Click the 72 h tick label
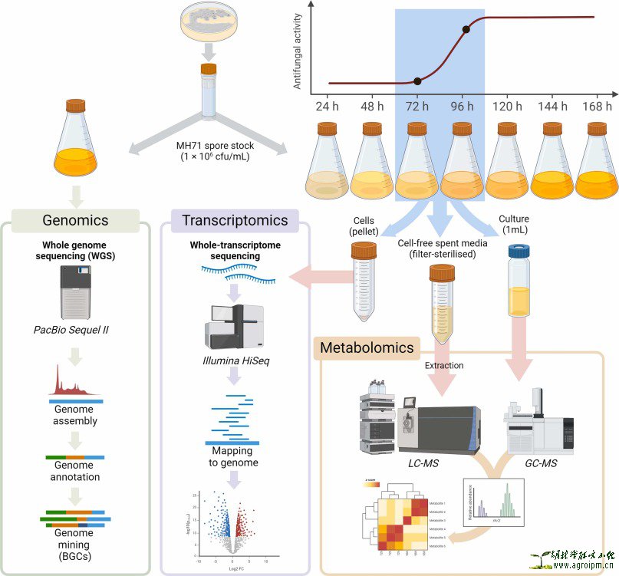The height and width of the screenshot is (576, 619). pyautogui.click(x=417, y=107)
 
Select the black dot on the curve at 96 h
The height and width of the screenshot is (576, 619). pyautogui.click(x=466, y=31)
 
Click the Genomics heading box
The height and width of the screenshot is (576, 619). pyautogui.click(x=75, y=220)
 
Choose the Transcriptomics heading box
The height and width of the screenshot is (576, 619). pyautogui.click(x=235, y=220)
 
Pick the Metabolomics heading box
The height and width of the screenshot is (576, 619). pyautogui.click(x=367, y=347)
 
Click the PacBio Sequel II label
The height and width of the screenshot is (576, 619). pyautogui.click(x=75, y=331)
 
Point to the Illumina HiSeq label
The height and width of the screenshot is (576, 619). pyautogui.click(x=234, y=358)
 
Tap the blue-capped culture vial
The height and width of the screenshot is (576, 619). pyautogui.click(x=520, y=281)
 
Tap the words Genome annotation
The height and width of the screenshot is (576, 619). pyautogui.click(x=74, y=470)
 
